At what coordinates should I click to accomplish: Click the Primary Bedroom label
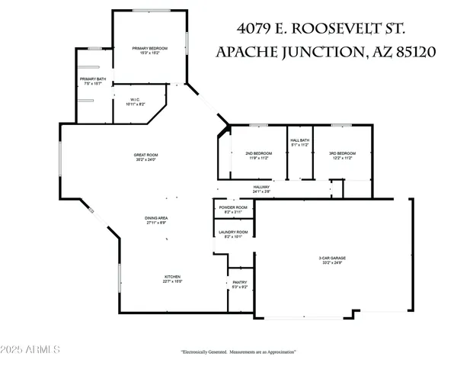point(149,48)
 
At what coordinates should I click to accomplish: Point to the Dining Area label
point(156,219)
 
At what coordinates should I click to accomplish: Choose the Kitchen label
point(173,276)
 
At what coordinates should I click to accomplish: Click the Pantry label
point(240,282)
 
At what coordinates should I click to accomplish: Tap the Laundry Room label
point(232,232)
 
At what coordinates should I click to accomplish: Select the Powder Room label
point(232,207)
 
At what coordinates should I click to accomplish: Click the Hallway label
point(262,187)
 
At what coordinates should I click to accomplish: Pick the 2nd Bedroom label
point(259,153)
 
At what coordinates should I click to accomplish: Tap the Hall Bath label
point(299,140)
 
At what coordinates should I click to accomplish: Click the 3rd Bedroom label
point(342,153)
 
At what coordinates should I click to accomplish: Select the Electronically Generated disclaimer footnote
point(238,352)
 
